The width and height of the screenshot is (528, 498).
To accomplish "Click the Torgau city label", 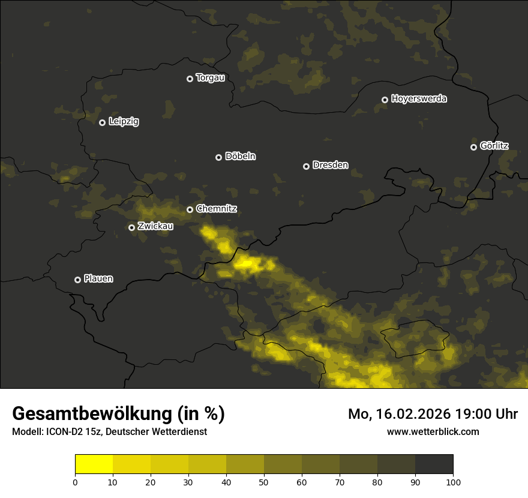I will click(x=210, y=78).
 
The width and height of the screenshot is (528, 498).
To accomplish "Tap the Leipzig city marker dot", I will click(x=102, y=122).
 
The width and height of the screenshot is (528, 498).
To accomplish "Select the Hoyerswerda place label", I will click(x=419, y=99).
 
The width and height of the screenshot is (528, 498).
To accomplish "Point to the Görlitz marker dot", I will click(x=473, y=147).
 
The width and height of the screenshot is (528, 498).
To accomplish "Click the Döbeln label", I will click(x=240, y=157).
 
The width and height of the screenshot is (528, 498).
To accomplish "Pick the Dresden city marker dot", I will click(x=306, y=166).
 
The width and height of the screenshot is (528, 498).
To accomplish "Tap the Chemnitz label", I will click(x=217, y=209).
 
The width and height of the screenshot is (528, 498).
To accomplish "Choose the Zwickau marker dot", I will click(x=131, y=227).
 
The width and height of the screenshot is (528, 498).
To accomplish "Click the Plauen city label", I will click(x=98, y=279).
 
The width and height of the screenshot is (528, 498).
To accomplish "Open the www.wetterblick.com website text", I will click(x=433, y=431).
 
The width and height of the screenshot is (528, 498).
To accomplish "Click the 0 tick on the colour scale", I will click(x=75, y=481).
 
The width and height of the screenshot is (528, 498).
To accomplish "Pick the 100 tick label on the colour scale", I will click(x=453, y=481).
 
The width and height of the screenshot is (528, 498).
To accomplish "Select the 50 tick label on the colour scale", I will click(x=264, y=481).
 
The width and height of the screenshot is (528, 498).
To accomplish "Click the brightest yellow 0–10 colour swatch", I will click(x=94, y=464).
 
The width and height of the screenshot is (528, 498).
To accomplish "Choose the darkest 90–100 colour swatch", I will click(x=434, y=464).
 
